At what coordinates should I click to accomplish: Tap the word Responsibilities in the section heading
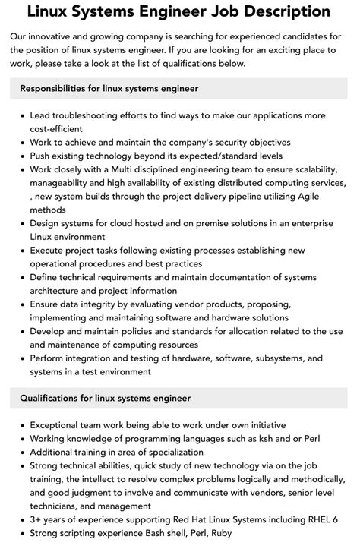pyautogui.click(x=60, y=89)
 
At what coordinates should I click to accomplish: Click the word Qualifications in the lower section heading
pyautogui.click(x=54, y=398)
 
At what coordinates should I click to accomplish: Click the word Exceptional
pyautogui.click(x=59, y=425)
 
